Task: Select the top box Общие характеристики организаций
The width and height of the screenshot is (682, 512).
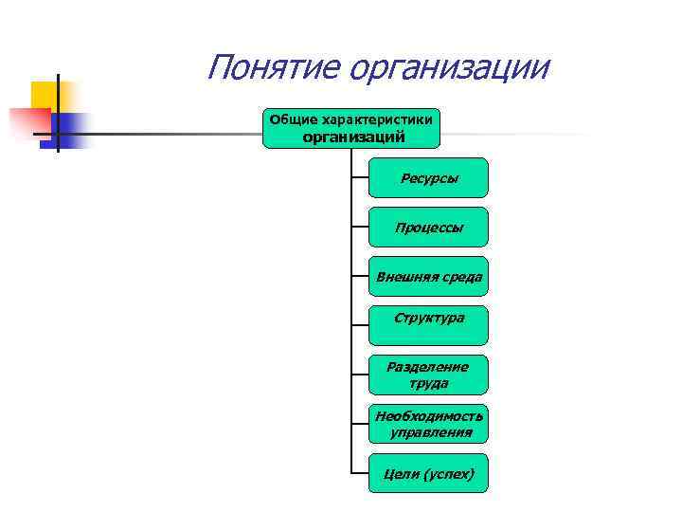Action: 352,128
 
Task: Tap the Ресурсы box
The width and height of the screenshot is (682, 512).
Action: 428,177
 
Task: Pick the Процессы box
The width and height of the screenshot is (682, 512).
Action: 428,227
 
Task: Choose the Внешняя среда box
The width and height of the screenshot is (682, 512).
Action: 428,277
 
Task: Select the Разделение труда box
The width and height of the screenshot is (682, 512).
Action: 428,375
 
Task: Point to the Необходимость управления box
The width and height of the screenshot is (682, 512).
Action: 428,424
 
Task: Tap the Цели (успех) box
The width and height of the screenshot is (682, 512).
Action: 428,473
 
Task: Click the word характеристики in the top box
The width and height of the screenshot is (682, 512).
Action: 377,120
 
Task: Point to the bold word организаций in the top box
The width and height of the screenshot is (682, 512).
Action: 353,137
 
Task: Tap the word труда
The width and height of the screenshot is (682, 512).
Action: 428,384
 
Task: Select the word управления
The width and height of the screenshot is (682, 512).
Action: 430,432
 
